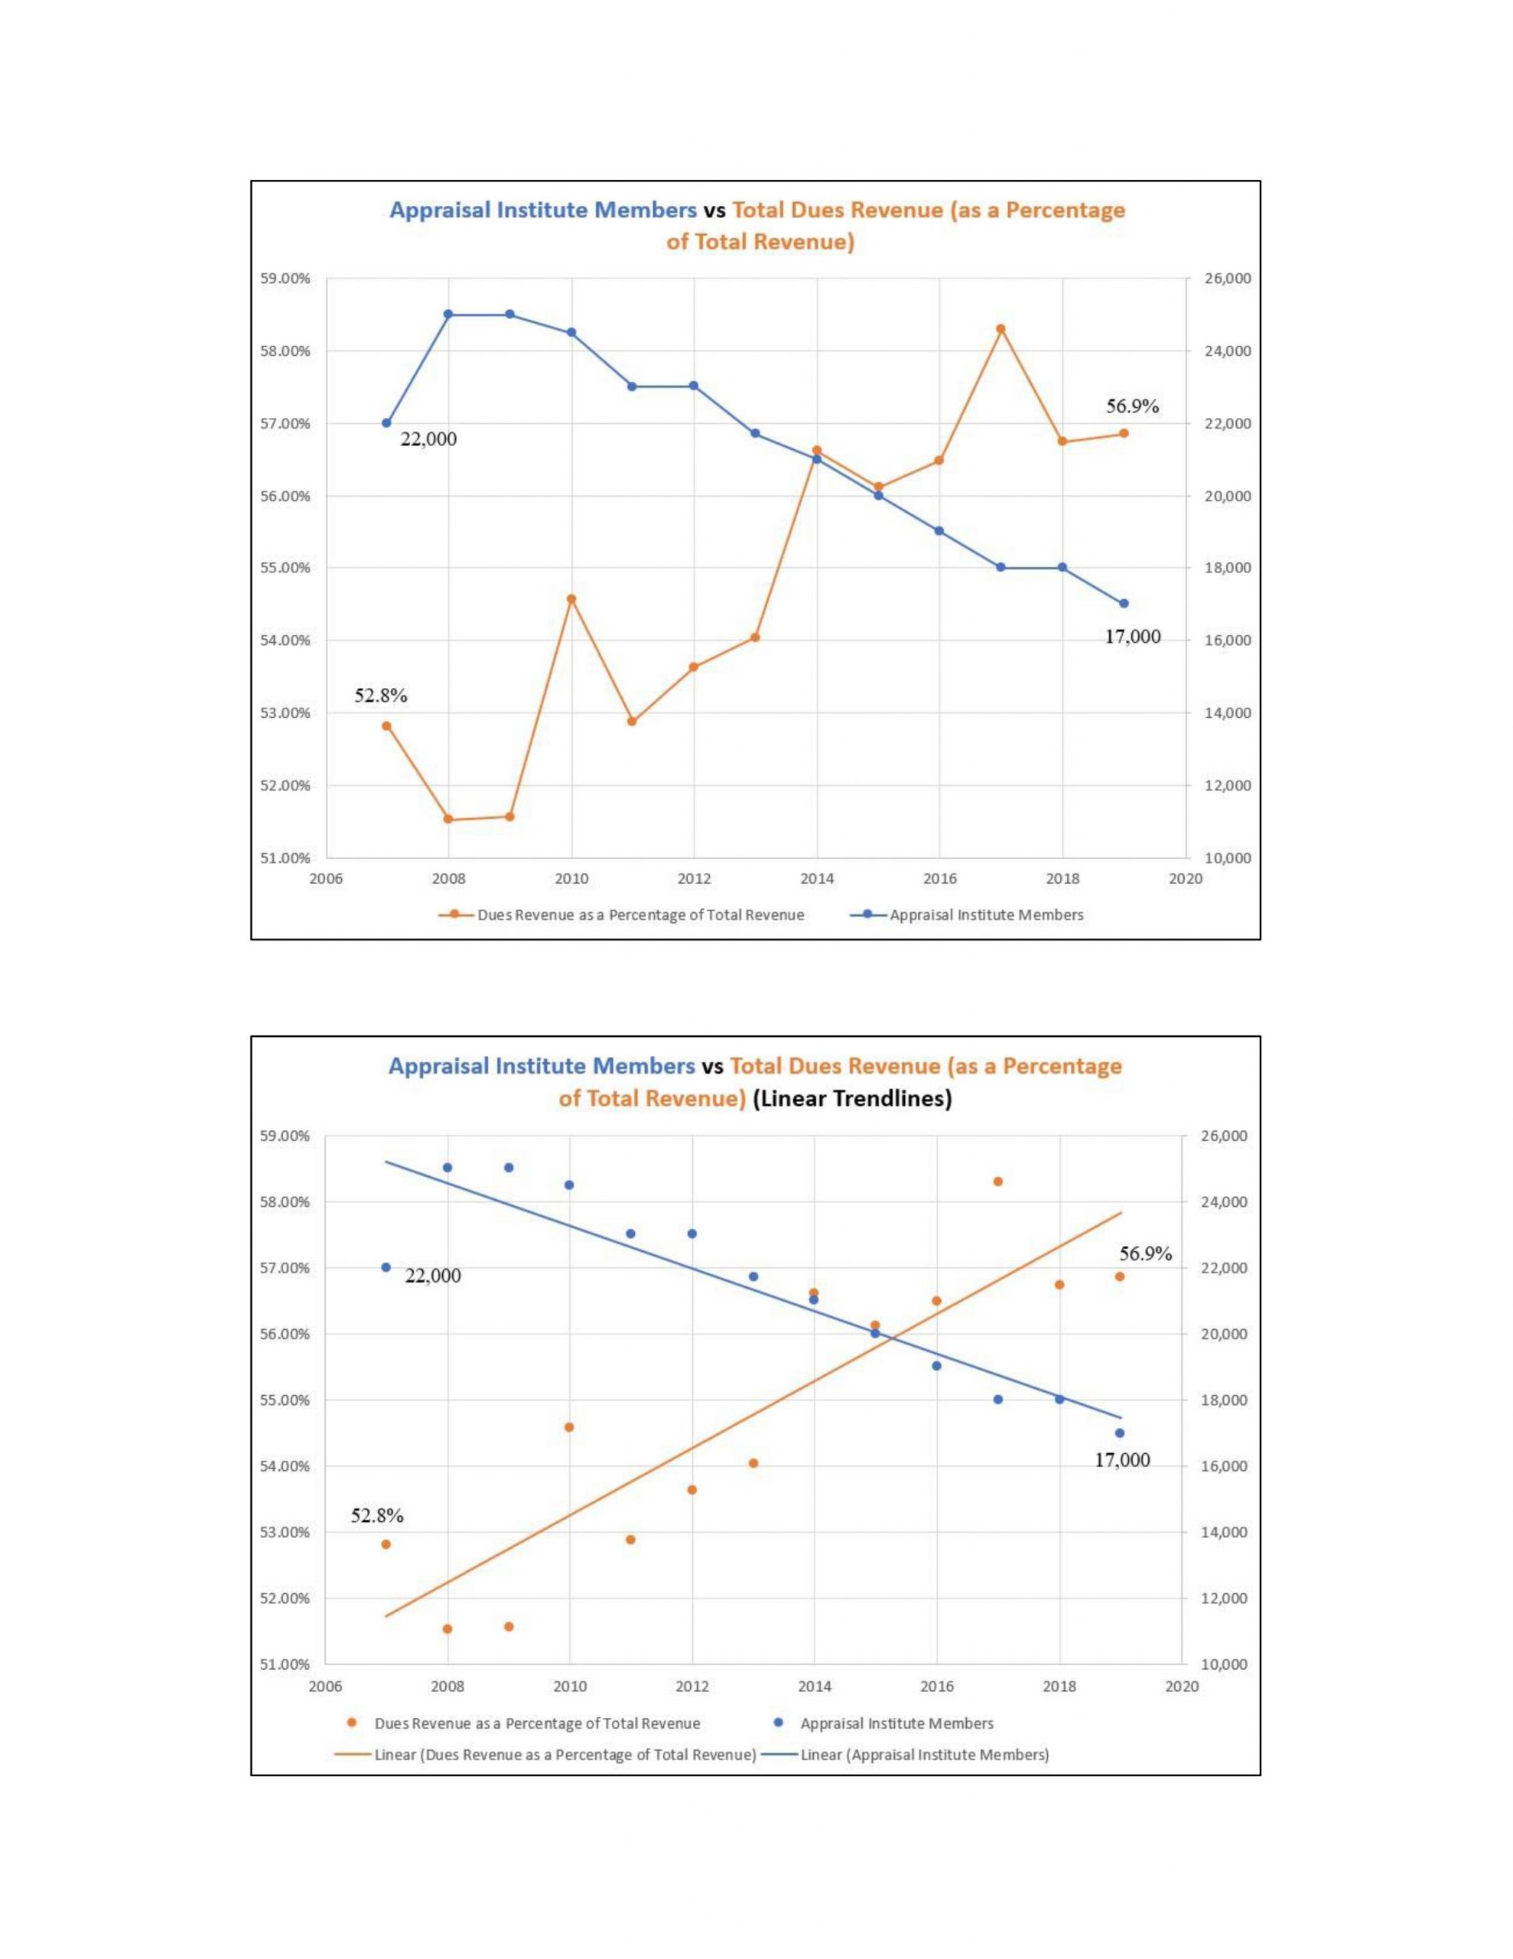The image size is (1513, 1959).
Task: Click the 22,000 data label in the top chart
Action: pyautogui.click(x=428, y=438)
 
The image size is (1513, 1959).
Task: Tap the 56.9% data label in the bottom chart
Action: pyautogui.click(x=1145, y=1254)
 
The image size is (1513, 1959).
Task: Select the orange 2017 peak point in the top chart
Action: pyautogui.click(x=1001, y=329)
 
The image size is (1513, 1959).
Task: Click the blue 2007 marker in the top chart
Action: pyautogui.click(x=386, y=423)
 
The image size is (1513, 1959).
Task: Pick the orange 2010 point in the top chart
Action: pyautogui.click(x=571, y=598)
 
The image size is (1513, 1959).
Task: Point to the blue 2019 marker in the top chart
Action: pyautogui.click(x=1124, y=604)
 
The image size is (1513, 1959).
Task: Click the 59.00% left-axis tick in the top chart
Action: pyautogui.click(x=285, y=279)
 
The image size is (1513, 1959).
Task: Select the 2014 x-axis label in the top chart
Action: pyautogui.click(x=817, y=879)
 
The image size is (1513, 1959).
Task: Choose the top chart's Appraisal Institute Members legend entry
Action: pyautogui.click(x=986, y=915)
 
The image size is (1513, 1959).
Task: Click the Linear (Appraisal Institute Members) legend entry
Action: pyautogui.click(x=924, y=1755)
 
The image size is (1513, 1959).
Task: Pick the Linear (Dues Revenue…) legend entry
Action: pyautogui.click(x=565, y=1755)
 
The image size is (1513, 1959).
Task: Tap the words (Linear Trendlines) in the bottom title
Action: pyautogui.click(x=852, y=1099)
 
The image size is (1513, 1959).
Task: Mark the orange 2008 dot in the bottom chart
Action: pyautogui.click(x=447, y=1629)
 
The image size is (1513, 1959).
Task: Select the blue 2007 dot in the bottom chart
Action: pyautogui.click(x=386, y=1267)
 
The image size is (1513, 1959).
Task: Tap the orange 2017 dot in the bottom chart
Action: pyautogui.click(x=998, y=1182)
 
